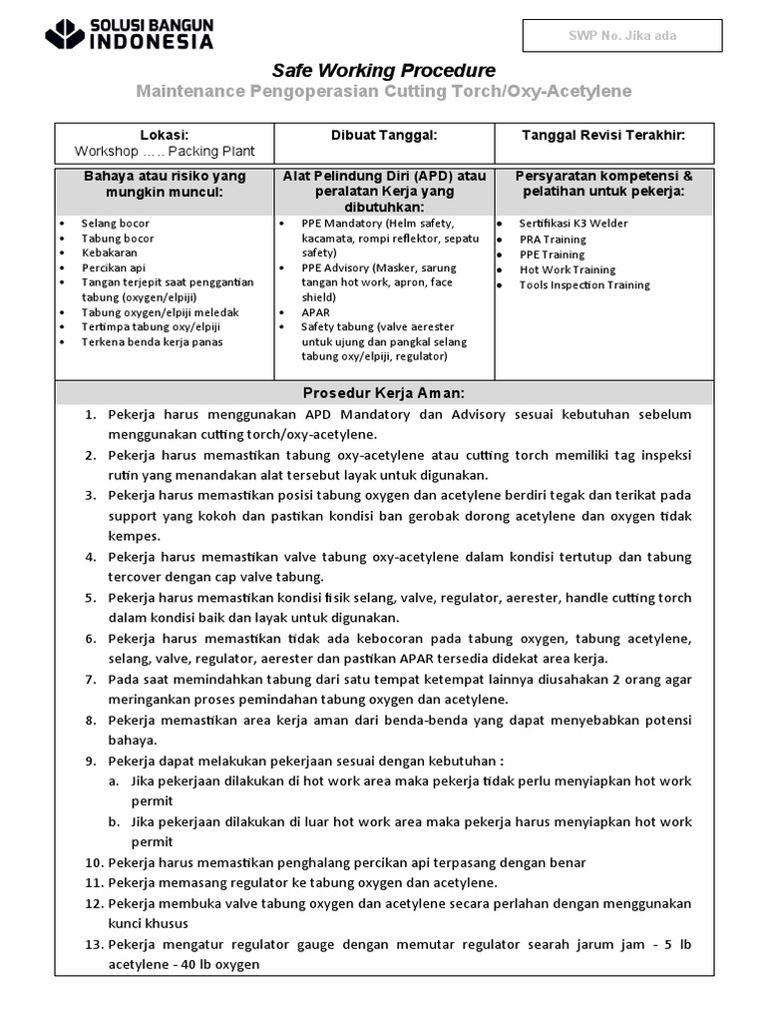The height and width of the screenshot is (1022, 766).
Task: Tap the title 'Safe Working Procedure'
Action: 384,70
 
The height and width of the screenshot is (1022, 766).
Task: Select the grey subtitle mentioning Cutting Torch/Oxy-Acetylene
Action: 384,92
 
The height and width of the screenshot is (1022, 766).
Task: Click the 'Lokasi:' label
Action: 165,135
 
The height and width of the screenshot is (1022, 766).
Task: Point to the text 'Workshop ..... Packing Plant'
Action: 165,152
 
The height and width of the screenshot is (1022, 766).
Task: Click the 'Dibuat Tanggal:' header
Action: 384,135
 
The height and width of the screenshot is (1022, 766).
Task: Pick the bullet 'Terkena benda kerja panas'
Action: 152,342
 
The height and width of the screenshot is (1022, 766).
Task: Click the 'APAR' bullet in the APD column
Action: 315,312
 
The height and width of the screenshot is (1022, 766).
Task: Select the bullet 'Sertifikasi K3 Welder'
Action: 574,224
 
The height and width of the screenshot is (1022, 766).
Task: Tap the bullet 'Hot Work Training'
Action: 567,269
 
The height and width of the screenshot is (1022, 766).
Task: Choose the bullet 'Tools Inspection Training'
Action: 583,284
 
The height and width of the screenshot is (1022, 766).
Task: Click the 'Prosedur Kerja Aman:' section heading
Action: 384,392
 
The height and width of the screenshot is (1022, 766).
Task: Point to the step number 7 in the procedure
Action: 90,679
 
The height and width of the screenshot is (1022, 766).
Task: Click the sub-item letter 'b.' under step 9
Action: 116,822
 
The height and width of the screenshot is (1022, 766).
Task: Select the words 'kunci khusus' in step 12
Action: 148,923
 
